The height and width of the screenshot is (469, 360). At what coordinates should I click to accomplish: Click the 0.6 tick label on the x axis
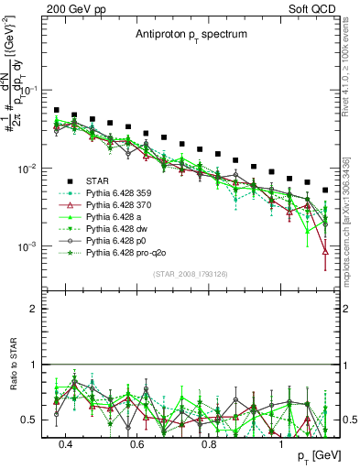pos(137,442)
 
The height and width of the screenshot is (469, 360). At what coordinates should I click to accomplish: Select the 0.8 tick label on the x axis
pos(210,442)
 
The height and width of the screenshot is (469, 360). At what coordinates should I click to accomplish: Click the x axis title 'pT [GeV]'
pos(315,456)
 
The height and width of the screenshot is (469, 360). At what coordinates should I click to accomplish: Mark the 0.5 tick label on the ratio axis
pos(29,420)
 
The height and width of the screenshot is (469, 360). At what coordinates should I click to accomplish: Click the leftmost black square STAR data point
pos(57,110)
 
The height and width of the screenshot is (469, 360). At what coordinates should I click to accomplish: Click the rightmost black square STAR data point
pos(325,191)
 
